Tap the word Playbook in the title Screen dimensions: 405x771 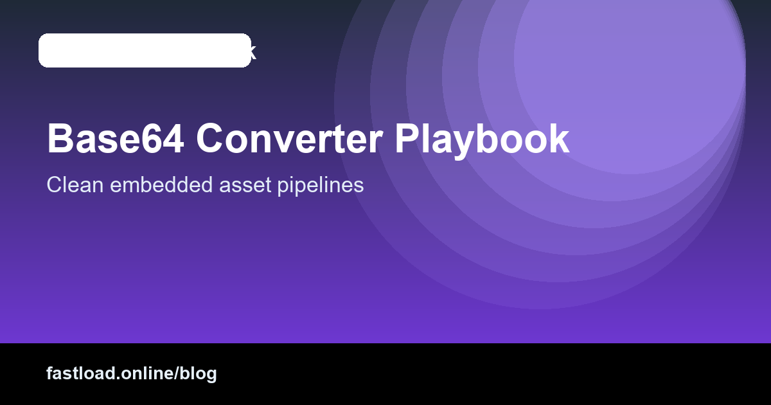click(482, 138)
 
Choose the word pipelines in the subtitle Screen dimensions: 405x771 click(321, 185)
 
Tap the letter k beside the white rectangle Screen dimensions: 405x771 click(253, 51)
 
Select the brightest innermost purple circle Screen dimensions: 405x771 click(630, 58)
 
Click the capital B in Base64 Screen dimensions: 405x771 click(59, 138)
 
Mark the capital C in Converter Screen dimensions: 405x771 click(210, 138)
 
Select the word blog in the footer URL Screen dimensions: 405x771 click(199, 373)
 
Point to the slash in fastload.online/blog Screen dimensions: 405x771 click(177, 373)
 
